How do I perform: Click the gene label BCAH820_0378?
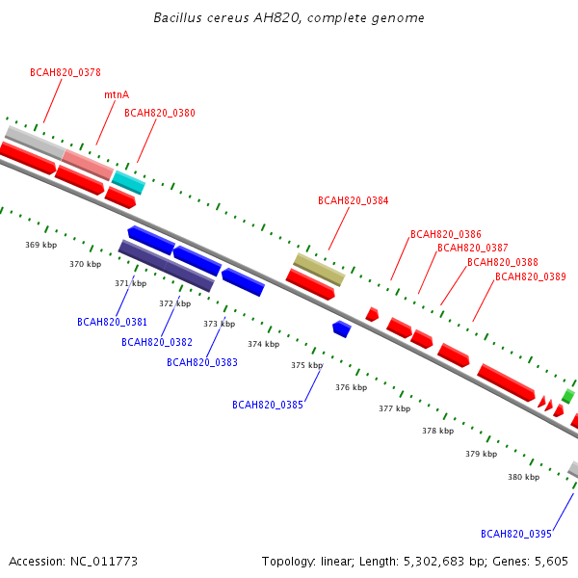coord(66,72)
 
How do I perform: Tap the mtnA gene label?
coord(117,94)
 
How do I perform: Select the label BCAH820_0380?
coord(160,113)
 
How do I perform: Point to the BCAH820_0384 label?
coord(354,200)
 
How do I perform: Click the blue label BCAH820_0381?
coord(112,322)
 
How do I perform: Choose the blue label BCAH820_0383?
coord(202,363)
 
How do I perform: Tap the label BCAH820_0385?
coord(268,405)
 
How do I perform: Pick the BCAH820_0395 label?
coord(516,534)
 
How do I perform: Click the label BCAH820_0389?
coord(531,276)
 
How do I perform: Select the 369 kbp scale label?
coord(40,245)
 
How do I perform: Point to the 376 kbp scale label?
coord(352,387)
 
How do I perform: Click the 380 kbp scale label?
coord(523,477)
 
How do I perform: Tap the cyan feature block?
coord(129,182)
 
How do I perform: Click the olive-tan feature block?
coord(319,270)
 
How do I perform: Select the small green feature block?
coord(568,396)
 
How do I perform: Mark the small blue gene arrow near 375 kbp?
coord(342,328)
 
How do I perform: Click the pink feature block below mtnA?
coord(88,165)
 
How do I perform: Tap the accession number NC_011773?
coord(104,562)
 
